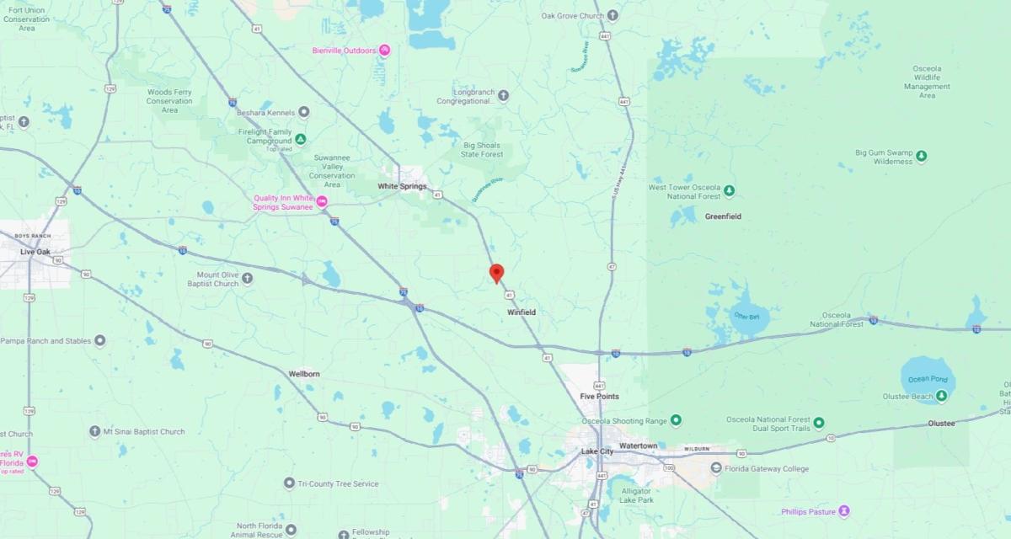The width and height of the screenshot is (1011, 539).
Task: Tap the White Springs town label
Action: (x=402, y=186)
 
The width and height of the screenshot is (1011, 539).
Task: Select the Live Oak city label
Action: (x=36, y=252)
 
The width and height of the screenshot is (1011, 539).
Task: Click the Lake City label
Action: (x=597, y=451)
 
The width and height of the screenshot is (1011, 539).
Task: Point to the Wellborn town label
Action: (x=304, y=373)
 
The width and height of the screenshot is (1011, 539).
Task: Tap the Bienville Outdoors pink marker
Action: (x=384, y=50)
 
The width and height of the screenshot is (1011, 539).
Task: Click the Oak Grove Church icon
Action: (x=612, y=15)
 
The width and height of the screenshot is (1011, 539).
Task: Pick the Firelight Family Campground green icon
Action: (x=300, y=139)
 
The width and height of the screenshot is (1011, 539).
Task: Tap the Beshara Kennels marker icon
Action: (x=304, y=111)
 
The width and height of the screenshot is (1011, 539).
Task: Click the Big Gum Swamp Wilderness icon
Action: (x=922, y=156)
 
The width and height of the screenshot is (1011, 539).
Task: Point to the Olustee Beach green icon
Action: (x=941, y=396)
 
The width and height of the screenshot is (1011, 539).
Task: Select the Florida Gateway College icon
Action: (x=716, y=468)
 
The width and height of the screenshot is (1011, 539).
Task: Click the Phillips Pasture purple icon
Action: (x=844, y=511)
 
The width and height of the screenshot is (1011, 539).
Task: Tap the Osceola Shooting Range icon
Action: (x=676, y=420)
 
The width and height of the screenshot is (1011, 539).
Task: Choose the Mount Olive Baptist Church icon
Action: (x=248, y=278)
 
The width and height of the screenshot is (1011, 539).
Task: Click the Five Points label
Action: (x=599, y=396)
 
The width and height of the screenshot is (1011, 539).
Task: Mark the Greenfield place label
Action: (x=723, y=216)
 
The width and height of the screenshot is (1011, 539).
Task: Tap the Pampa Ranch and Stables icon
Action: (x=100, y=340)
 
